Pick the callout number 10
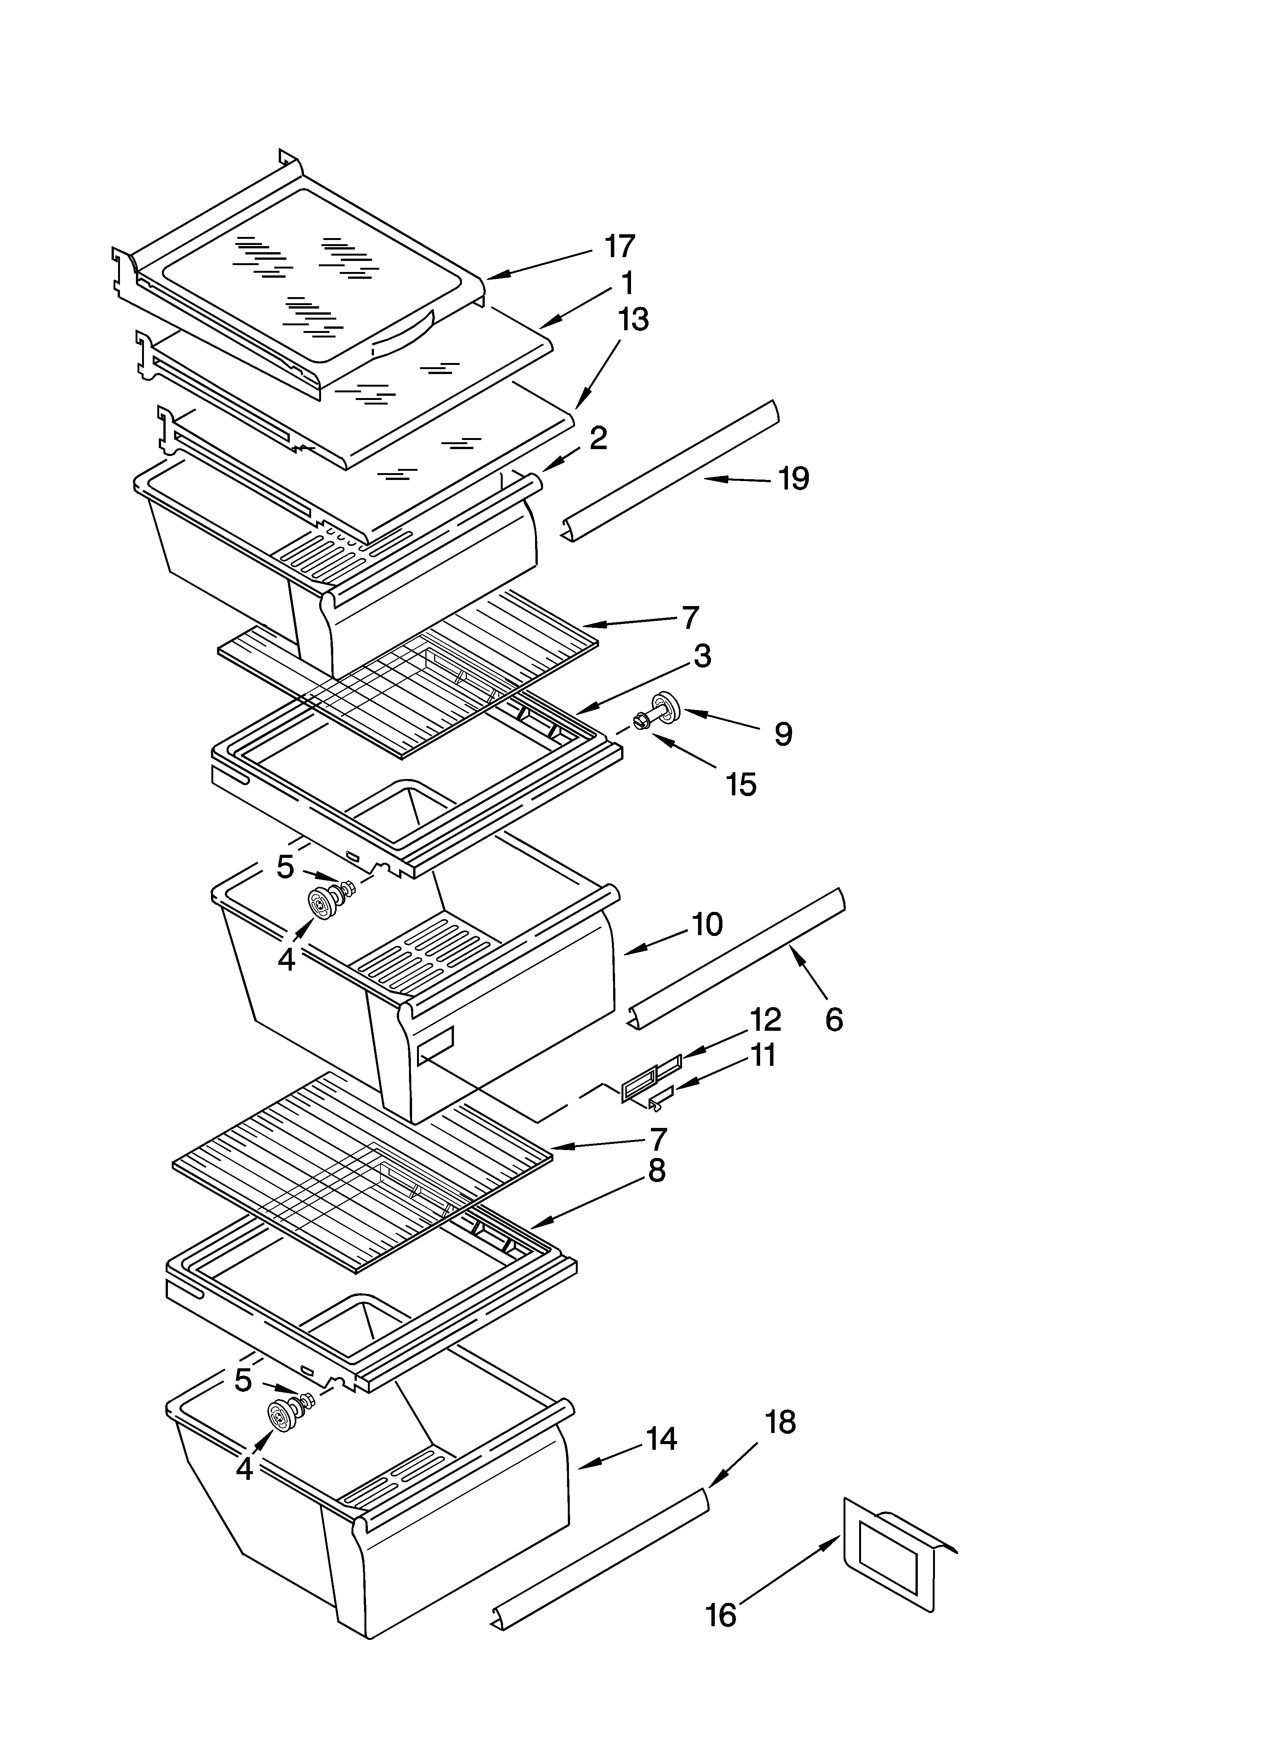point(706,924)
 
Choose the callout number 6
point(833,1019)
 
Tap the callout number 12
point(765,1019)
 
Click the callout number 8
point(656,1192)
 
